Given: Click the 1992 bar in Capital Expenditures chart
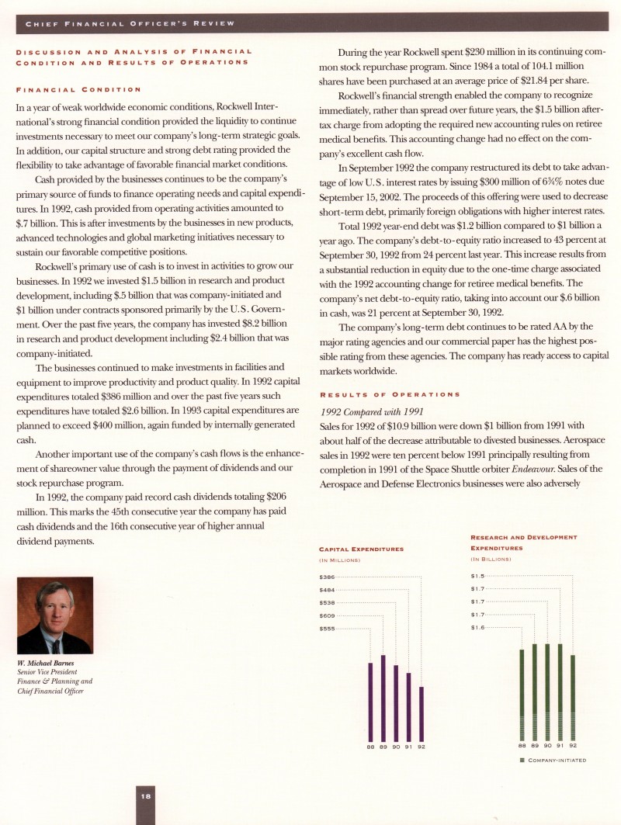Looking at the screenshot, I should coord(422,713).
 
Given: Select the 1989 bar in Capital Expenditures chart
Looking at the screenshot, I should coord(383,698).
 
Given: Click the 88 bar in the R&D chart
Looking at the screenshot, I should coord(522,695).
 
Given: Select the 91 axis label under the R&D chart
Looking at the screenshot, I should coord(560,747).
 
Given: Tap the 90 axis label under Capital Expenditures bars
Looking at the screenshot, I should coord(396,747).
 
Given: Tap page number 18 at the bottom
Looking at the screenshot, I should coord(146,796).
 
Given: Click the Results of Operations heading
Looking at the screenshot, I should coord(390,394).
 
